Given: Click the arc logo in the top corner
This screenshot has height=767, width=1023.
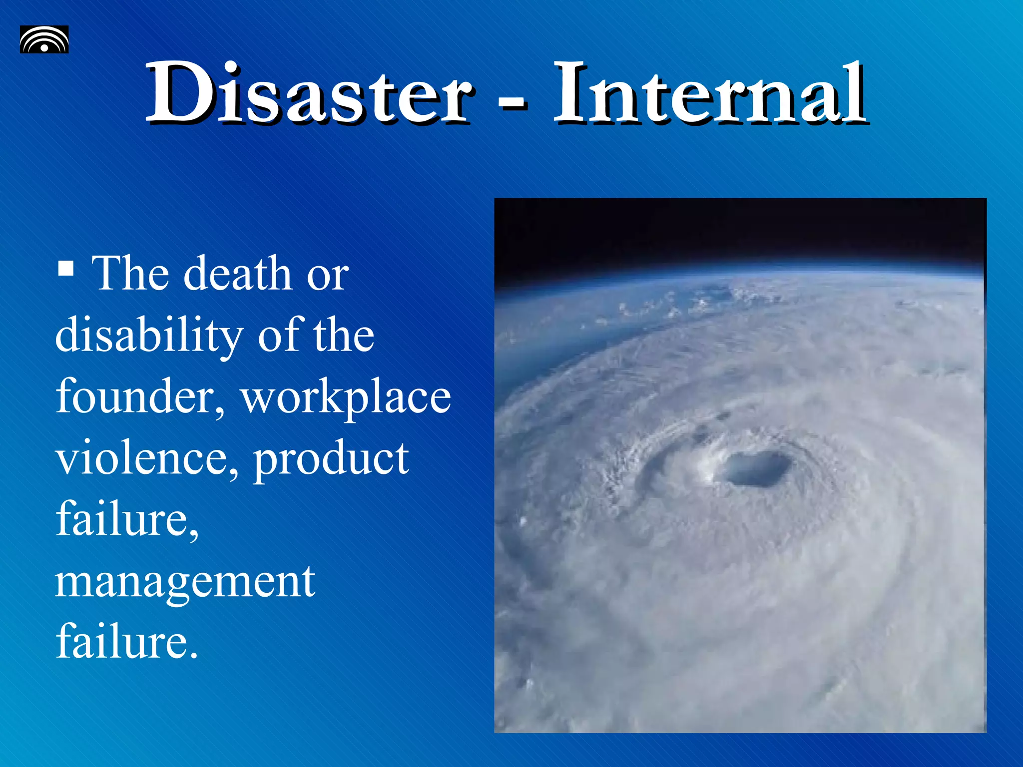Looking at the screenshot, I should coord(44,39).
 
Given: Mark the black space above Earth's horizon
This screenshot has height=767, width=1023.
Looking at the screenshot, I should coord(739,230).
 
